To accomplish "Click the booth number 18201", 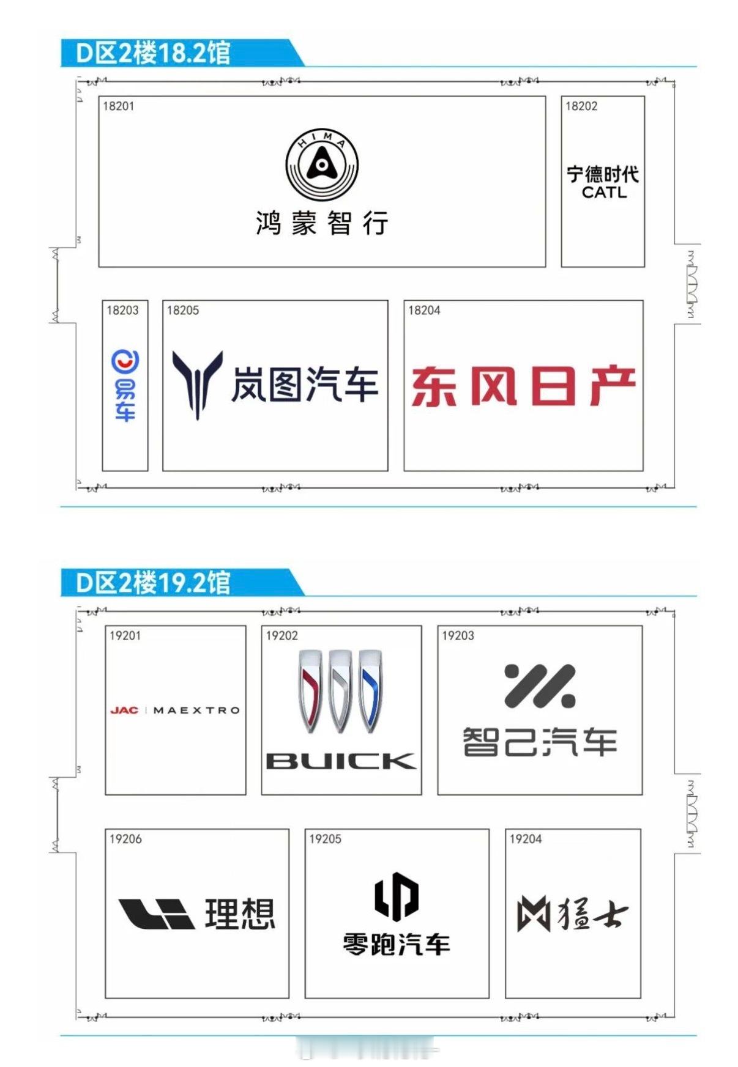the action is coord(118,106).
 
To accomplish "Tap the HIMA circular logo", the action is coord(322,164).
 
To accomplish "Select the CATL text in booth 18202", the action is coord(604,193).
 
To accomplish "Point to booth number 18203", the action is coord(122,311).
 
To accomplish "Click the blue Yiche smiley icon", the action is coord(125,361).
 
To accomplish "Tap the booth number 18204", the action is coord(424,311).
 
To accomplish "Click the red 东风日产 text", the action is coord(523,386).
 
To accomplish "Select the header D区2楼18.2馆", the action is coord(153,53).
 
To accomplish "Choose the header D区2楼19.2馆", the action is coord(153,583).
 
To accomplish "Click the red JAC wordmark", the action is coord(124,711).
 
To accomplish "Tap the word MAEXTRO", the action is coord(196,711).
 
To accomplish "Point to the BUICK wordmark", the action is coord(341,761).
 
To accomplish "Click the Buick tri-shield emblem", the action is coord(341,691).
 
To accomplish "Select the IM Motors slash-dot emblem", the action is coord(540,686).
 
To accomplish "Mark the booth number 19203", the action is coord(458,636).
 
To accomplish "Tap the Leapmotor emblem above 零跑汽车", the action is coord(397,896).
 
